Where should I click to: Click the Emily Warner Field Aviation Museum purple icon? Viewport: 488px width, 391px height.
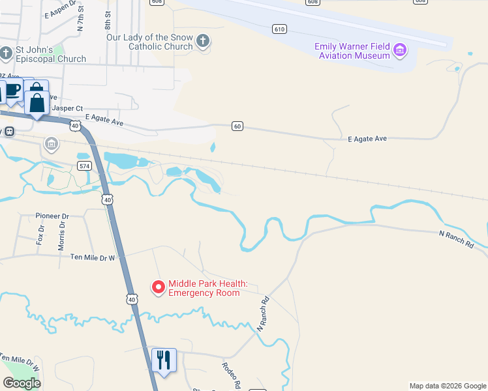point(400,50)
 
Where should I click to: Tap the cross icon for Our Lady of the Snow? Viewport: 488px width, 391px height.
point(203,42)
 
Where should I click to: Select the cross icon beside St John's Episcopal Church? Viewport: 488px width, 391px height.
point(7,52)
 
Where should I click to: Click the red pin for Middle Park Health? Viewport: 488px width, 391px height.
point(158,287)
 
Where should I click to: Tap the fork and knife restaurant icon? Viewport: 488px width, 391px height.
point(163,360)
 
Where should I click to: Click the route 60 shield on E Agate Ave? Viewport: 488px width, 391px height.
point(237,126)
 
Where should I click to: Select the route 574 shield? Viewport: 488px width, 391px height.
point(84,166)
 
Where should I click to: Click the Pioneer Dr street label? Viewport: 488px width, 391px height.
point(52,216)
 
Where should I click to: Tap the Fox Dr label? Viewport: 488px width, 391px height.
point(40,235)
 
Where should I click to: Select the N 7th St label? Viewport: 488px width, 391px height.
point(81,20)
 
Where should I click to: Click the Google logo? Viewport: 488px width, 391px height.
point(22,383)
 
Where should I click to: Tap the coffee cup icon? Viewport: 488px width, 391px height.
point(12,91)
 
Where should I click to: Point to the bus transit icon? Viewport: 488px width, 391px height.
point(9,131)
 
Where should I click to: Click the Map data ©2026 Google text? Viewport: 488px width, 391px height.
point(448,386)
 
